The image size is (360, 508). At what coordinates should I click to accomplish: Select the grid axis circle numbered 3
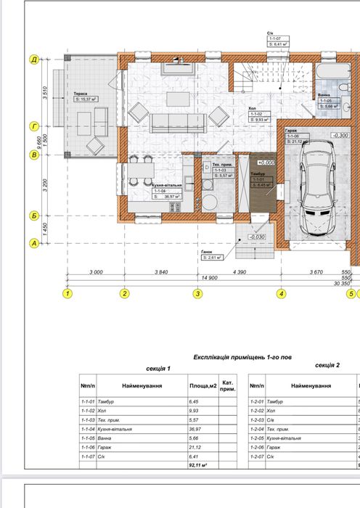tap(197, 294)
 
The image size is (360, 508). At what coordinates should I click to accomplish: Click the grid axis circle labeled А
tap(33, 244)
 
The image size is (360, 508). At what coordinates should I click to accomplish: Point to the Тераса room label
tap(81, 94)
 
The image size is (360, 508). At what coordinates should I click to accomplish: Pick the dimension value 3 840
tap(160, 271)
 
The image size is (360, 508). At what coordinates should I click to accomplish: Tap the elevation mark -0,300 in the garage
tap(339, 135)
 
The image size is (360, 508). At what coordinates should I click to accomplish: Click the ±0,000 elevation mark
tap(265, 163)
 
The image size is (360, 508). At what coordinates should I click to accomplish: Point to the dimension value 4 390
tap(239, 271)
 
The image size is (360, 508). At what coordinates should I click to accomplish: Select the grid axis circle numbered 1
tap(67, 294)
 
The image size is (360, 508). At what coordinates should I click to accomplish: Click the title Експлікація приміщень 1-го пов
tap(242, 358)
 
